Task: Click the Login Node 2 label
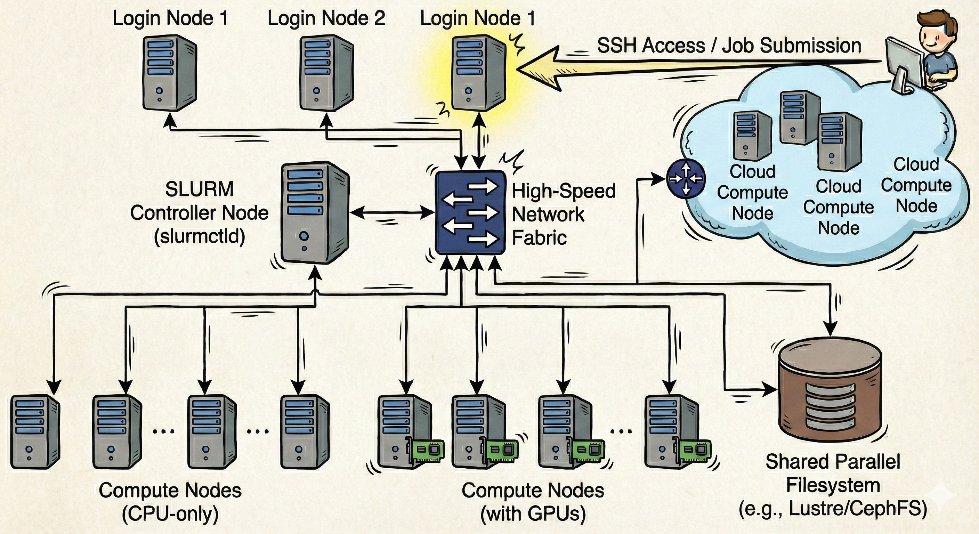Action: click(326, 18)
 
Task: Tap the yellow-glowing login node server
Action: click(478, 73)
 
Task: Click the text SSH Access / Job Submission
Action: click(729, 46)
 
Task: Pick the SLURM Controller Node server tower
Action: click(314, 213)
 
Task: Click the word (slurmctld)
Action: click(199, 237)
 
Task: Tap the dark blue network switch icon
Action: click(470, 212)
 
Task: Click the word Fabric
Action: click(539, 238)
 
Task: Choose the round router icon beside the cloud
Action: click(686, 178)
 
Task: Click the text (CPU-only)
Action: click(170, 514)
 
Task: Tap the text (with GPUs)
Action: click(533, 514)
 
